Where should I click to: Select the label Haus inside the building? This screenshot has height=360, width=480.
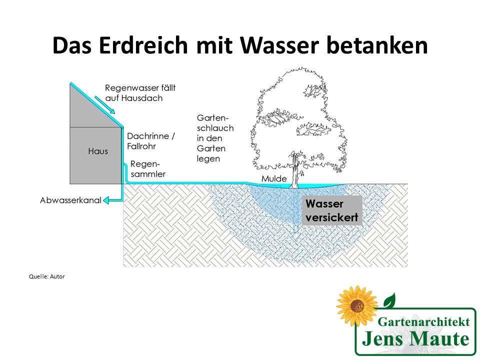(x=98, y=151)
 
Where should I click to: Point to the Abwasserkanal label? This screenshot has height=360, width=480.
(x=70, y=200)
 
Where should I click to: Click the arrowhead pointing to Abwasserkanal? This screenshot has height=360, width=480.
(x=106, y=200)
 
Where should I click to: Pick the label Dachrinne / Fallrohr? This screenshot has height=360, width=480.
(x=151, y=140)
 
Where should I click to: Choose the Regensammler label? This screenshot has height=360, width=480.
(x=147, y=168)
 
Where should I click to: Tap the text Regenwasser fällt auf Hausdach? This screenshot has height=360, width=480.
(x=140, y=93)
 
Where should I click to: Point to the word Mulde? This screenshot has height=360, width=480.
(x=274, y=178)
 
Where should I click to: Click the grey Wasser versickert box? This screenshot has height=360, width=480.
(x=331, y=210)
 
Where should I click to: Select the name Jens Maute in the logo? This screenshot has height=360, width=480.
(x=415, y=339)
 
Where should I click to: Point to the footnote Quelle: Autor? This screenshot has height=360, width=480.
(x=47, y=276)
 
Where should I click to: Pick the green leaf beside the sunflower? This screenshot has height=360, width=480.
(x=389, y=300)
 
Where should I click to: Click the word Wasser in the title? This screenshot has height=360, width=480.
(x=281, y=46)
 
